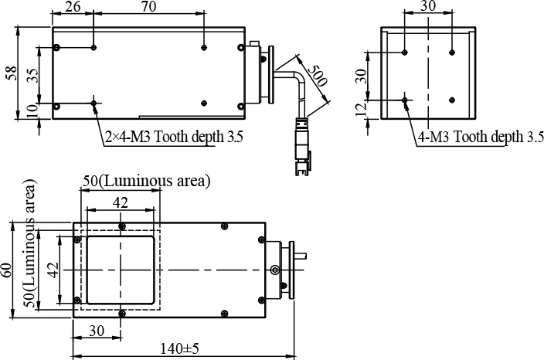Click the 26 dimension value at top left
[x=73, y=6]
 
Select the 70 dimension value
[x=149, y=6]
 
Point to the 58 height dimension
[x=11, y=73]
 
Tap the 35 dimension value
[x=33, y=75]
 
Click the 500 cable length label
[x=317, y=76]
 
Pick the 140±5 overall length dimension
[x=179, y=348]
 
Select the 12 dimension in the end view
[x=361, y=109]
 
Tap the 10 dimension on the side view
[x=32, y=112]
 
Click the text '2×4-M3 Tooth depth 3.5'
[x=174, y=137]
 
